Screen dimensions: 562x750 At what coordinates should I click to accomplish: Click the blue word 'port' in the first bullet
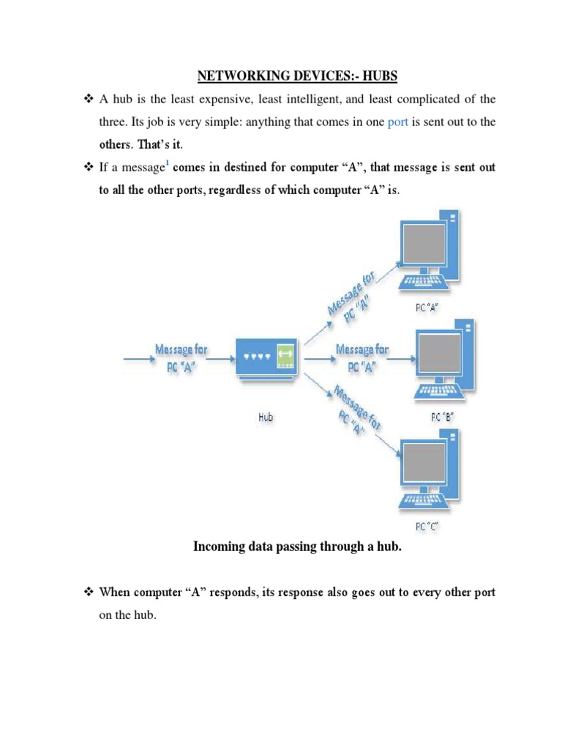[397, 122]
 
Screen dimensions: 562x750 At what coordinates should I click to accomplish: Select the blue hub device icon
[266, 357]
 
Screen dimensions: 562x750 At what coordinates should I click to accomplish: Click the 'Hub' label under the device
[266, 417]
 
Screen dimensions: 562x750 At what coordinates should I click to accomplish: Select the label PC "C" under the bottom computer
[426, 525]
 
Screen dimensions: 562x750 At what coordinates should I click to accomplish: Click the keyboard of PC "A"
[420, 282]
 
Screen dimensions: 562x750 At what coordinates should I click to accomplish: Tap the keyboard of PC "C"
[419, 502]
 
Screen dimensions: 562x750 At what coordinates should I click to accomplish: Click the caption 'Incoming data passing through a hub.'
[297, 546]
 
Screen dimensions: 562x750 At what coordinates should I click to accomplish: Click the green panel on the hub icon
[285, 352]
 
